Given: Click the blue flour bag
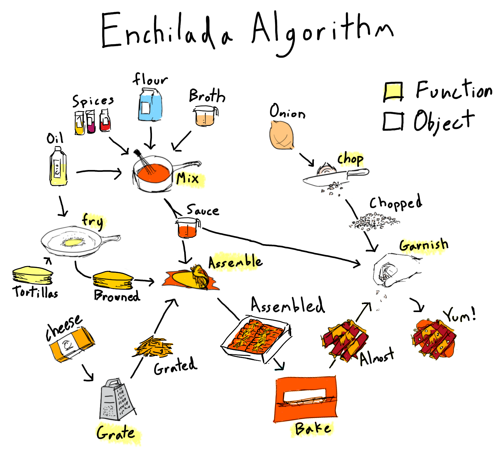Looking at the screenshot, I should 150,105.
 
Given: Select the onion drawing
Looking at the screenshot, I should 281,135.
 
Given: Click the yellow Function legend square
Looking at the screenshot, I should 393,92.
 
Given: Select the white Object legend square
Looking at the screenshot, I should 393,121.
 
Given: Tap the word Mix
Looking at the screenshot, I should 188,179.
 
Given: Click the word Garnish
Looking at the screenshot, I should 424,245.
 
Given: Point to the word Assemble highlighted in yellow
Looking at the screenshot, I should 235,262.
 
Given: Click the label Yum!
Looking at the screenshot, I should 459,315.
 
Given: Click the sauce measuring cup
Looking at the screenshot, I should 187,228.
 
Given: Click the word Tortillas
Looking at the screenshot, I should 35,292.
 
